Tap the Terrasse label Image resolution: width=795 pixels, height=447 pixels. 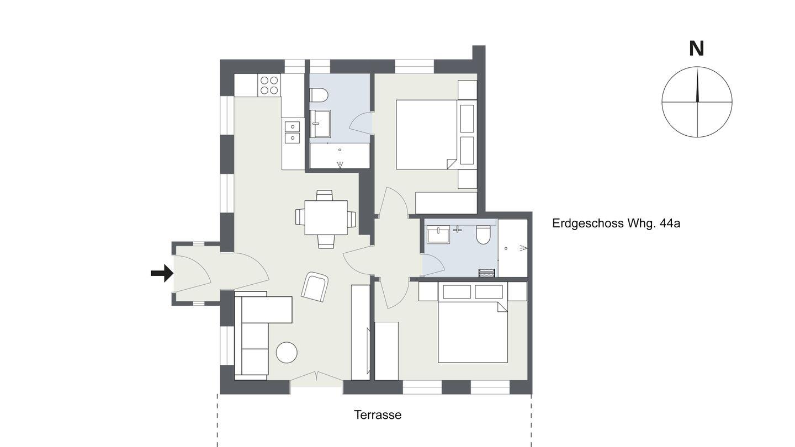pyautogui.click(x=378, y=415)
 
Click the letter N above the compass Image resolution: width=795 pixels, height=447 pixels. pyautogui.click(x=696, y=49)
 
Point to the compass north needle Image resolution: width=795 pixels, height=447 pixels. pyautogui.click(x=697, y=85)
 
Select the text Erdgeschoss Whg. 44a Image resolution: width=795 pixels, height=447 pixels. pyautogui.click(x=616, y=223)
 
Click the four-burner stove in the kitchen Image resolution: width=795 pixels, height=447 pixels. pyautogui.click(x=269, y=85)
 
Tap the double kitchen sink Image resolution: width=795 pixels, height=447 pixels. pyautogui.click(x=292, y=131)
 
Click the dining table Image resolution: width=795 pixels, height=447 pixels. pyautogui.click(x=326, y=217)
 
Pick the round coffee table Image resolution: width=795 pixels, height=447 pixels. pyautogui.click(x=287, y=352)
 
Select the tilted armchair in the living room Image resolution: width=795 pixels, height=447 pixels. pyautogui.click(x=315, y=286)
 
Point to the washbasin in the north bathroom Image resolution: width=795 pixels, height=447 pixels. pyautogui.click(x=320, y=124)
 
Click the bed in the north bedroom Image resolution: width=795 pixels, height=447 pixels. pyautogui.click(x=426, y=135)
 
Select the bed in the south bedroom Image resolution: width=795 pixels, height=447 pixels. pyautogui.click(x=473, y=332)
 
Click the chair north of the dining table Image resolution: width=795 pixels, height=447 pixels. pyautogui.click(x=325, y=195)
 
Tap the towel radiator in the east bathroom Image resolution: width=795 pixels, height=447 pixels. pyautogui.click(x=486, y=273)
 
